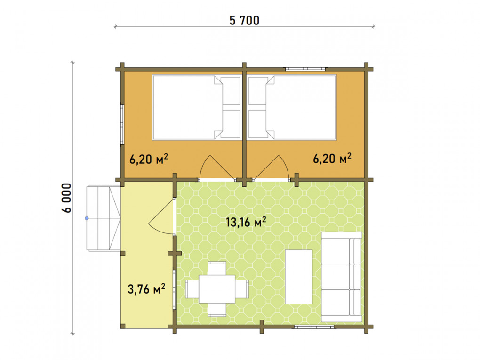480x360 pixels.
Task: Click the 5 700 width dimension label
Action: coord(244,21)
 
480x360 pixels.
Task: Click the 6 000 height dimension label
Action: coord(66,198)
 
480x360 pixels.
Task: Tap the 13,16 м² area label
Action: coord(246,222)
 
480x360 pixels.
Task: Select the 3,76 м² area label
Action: coord(146,288)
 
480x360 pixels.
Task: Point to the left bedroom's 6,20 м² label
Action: coord(148,159)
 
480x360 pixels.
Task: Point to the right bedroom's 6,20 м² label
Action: coord(332,158)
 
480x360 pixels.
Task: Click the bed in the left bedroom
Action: coord(196,107)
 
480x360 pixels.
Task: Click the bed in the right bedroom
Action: coord(292,107)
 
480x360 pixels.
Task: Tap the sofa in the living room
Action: coord(342,277)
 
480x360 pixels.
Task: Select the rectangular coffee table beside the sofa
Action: coord(299,277)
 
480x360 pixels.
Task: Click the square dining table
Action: coord(217,289)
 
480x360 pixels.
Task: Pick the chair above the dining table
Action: coord(217,268)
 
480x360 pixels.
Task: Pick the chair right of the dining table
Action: coord(242,289)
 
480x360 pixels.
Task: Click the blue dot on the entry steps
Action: coord(87,218)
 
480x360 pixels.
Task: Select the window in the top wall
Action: coord(305,69)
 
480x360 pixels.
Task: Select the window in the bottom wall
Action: coord(314,327)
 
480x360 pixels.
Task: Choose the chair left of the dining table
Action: coord(192,289)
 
